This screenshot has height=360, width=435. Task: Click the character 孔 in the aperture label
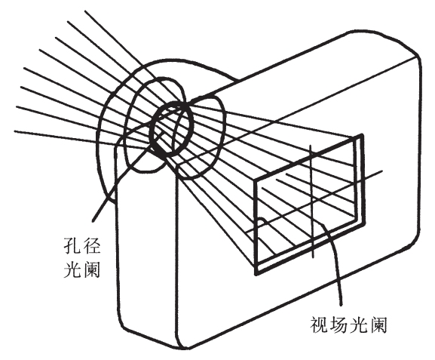(72, 245)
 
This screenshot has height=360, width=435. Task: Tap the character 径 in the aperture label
(91, 245)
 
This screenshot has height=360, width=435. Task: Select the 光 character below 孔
(72, 269)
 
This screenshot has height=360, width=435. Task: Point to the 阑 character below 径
(91, 269)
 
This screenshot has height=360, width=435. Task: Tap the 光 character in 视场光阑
(358, 325)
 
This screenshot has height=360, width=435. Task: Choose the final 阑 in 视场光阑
(378, 325)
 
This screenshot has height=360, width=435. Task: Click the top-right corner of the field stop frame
(362, 135)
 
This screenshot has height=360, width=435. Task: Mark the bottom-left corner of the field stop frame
(256, 274)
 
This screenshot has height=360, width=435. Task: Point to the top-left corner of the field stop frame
(256, 180)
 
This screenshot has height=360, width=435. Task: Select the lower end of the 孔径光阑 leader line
(93, 221)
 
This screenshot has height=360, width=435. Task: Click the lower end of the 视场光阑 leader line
(341, 306)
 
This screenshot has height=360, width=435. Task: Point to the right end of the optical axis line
(382, 171)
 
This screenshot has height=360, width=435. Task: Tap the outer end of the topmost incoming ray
(84, 11)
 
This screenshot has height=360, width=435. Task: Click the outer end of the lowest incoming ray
(14, 131)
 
